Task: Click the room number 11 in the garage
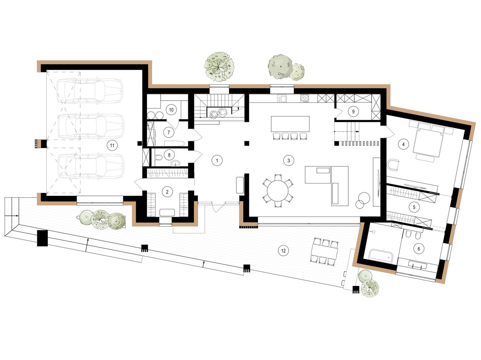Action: coord(112,145)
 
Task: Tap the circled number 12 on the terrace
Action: coord(283,250)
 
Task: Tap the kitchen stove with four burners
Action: coord(304,98)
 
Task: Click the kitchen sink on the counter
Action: coord(281,98)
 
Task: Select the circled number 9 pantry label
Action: coord(353,111)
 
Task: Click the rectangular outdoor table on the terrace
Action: coord(325,251)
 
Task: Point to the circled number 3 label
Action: coord(288,160)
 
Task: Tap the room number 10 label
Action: coord(171,110)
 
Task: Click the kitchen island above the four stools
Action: coord(290,124)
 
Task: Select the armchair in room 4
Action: coord(393,165)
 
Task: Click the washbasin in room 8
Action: coord(175,163)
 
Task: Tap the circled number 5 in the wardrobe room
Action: coord(414,207)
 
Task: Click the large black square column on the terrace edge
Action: coord(42,238)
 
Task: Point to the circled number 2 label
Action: coord(167,192)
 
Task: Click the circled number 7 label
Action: coord(168,132)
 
